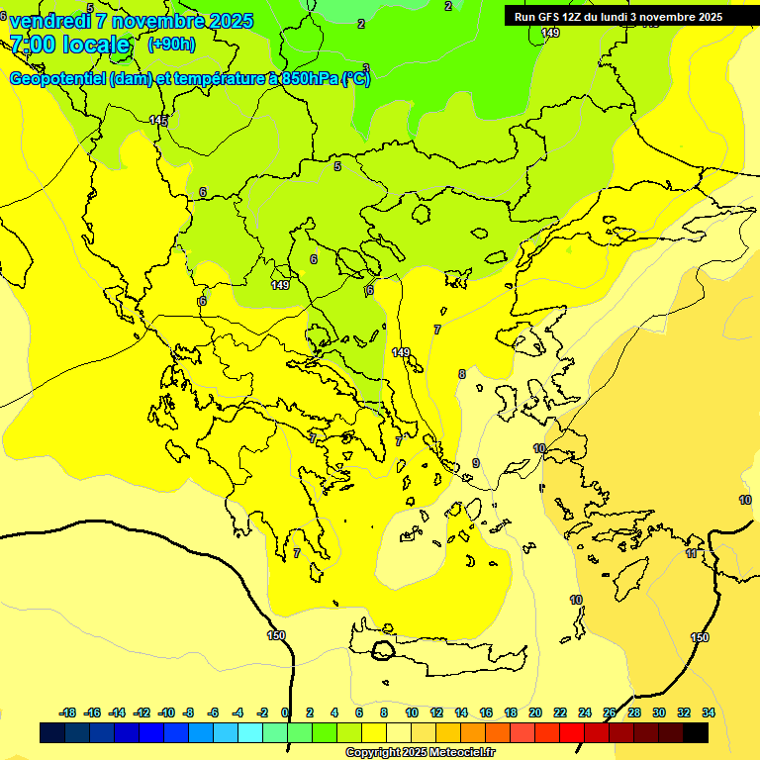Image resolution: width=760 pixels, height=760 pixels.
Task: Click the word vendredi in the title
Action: (49, 21)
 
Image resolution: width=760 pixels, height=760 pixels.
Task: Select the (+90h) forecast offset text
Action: (171, 44)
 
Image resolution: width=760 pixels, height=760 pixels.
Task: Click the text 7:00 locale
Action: (69, 45)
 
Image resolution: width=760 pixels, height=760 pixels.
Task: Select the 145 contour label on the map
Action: (158, 120)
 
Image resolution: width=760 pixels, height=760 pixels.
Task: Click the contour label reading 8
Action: (461, 374)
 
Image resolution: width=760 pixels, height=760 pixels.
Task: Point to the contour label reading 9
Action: (475, 463)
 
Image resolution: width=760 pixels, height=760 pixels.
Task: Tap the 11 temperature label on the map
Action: (692, 553)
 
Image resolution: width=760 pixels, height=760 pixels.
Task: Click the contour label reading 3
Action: (366, 68)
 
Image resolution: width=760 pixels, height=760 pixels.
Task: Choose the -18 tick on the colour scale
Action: (68, 712)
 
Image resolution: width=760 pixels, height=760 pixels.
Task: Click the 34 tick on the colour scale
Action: (709, 712)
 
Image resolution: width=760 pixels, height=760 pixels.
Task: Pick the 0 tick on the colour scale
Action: (286, 712)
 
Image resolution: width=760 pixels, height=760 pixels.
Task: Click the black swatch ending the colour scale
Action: (696, 733)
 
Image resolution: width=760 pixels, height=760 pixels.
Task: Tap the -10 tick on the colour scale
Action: (166, 712)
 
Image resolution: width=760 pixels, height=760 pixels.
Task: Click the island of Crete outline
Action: (445, 658)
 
